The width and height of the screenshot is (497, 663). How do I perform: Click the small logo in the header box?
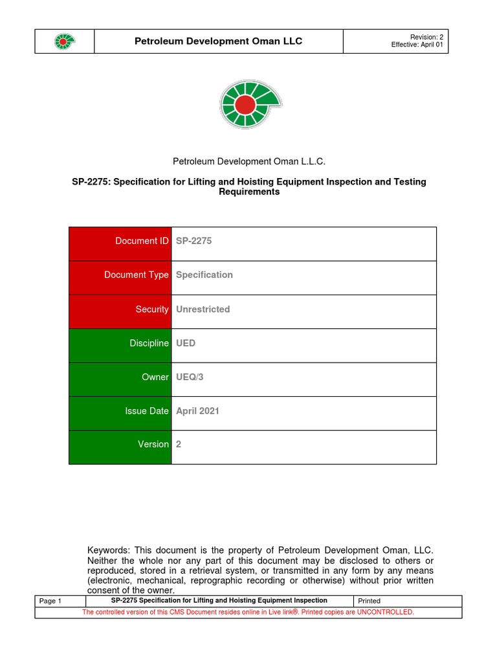[x=64, y=41]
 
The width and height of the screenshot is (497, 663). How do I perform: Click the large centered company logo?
[x=250, y=104]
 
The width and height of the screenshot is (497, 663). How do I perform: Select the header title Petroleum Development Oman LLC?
[x=218, y=41]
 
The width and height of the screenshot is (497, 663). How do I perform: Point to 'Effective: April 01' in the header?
[x=417, y=45]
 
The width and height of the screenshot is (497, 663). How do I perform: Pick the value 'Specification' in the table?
[x=204, y=275]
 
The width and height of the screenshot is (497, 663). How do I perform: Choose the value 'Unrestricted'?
[x=203, y=309]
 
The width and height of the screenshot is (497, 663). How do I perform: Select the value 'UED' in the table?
[x=185, y=343]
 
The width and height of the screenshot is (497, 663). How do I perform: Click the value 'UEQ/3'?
[x=190, y=377]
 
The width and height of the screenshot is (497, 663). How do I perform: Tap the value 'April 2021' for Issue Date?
[x=197, y=410]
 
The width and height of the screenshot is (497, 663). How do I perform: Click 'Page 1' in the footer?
[x=50, y=601]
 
